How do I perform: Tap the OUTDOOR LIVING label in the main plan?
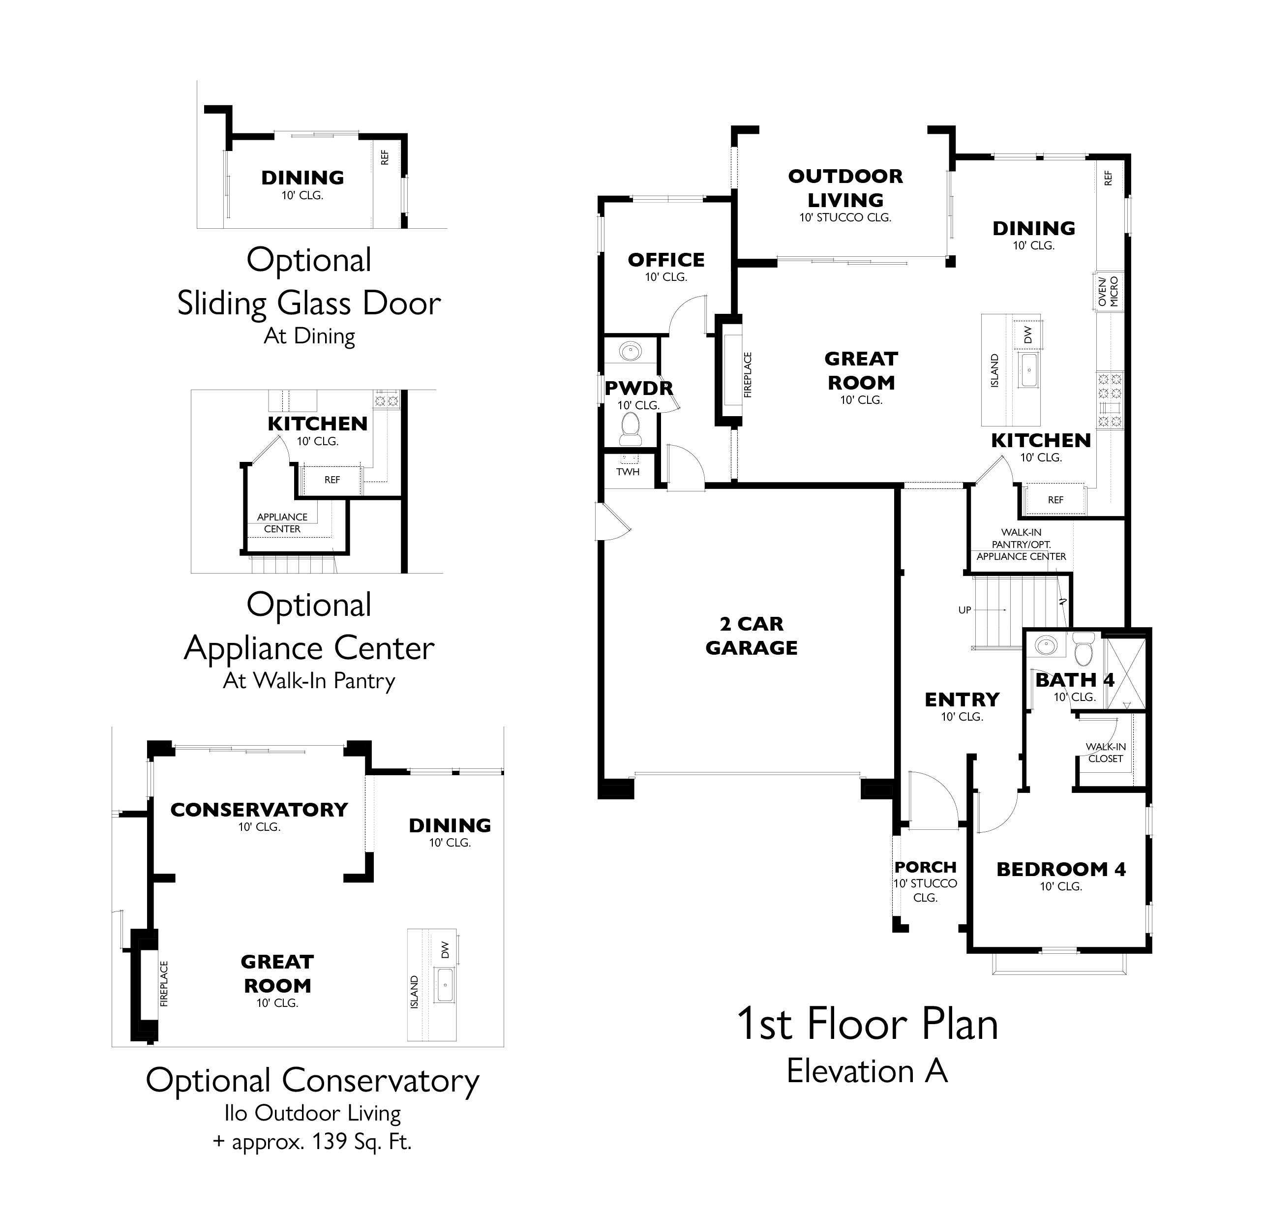point(845,188)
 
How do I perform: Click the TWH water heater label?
point(628,472)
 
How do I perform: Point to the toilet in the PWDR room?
point(630,428)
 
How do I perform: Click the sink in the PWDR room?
point(630,352)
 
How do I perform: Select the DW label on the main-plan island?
point(1028,334)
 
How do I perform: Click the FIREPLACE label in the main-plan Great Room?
point(748,374)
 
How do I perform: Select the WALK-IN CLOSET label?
point(1106,753)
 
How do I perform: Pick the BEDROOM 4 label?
point(1060,869)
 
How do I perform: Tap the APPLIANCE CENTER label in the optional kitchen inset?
point(282,523)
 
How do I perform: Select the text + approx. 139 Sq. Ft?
point(312,1142)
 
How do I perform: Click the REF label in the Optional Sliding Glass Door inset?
point(385,157)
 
